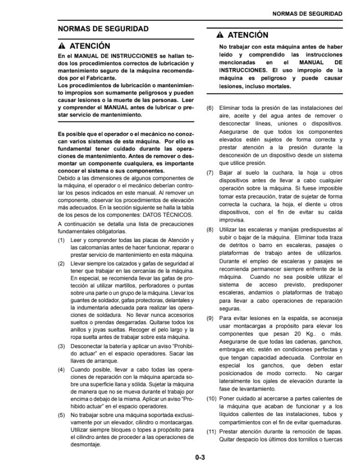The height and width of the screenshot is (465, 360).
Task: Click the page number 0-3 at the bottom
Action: (x=199, y=457)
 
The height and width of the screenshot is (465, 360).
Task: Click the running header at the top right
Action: (x=307, y=13)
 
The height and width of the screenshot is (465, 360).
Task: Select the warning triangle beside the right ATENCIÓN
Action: (x=220, y=35)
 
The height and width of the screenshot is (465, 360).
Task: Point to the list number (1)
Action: (x=61, y=240)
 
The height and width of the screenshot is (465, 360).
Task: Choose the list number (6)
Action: (x=210, y=108)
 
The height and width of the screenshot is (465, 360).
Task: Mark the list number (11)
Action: (x=212, y=431)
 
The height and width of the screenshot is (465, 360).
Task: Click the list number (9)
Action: (x=210, y=318)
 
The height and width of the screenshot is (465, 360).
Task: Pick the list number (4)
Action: (x=61, y=369)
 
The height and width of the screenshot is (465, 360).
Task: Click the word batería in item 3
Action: (x=118, y=346)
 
